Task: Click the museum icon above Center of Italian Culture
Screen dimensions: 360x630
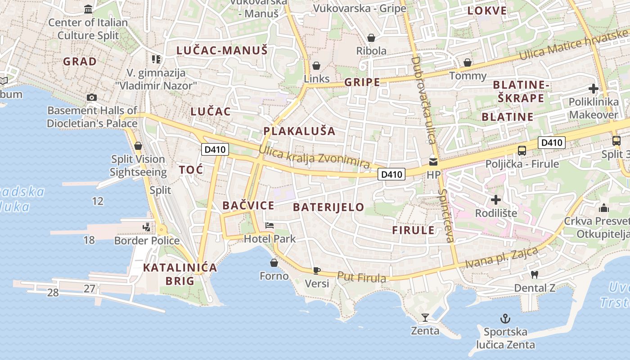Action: [88, 9]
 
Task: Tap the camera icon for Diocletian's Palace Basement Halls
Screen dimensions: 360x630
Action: [92, 97]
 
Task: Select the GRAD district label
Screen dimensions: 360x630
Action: [80, 61]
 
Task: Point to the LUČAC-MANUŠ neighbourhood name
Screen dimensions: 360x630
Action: [222, 50]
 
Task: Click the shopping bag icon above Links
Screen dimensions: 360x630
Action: [316, 66]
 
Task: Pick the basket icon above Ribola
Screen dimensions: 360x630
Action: [371, 38]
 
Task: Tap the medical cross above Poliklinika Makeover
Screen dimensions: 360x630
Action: [594, 89]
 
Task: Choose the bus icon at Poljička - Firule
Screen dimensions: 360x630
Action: [522, 151]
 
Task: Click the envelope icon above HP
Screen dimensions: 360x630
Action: [433, 162]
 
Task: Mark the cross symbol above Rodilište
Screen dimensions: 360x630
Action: [496, 199]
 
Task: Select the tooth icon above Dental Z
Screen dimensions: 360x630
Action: [535, 274]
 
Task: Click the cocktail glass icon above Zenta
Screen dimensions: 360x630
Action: [425, 318]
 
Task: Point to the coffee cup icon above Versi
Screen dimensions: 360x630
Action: [317, 270]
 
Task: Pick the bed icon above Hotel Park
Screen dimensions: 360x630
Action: [270, 225]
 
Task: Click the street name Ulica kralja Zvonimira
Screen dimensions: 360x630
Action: [315, 159]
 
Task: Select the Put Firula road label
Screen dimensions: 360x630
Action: [361, 278]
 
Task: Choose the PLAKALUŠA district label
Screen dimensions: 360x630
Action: [299, 131]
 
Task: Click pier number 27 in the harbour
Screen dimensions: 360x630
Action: [89, 288]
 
